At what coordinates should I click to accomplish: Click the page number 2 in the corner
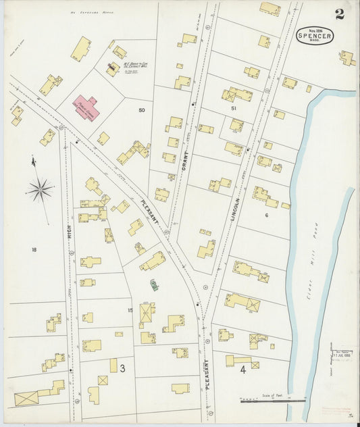(338, 14)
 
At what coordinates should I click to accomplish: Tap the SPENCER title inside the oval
(313, 37)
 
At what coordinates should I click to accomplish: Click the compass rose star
(40, 189)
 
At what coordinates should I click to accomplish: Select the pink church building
(86, 107)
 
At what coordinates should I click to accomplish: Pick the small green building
(154, 284)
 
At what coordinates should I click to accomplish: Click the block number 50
(141, 109)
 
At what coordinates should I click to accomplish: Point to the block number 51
(233, 107)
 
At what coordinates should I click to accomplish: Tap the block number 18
(33, 249)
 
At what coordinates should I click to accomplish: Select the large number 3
(122, 368)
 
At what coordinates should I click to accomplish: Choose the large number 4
(242, 370)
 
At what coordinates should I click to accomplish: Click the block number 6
(266, 215)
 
